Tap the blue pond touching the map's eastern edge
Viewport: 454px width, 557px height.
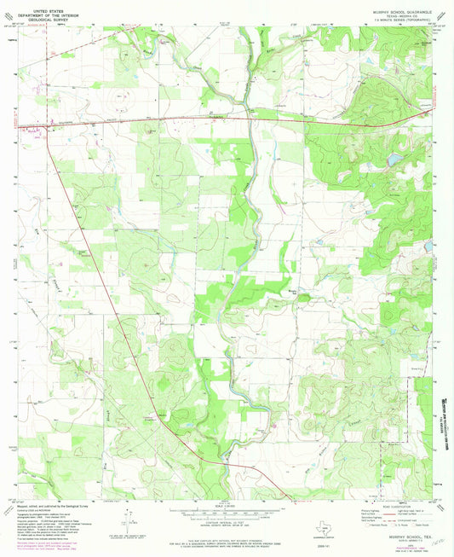[x=428, y=247]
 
